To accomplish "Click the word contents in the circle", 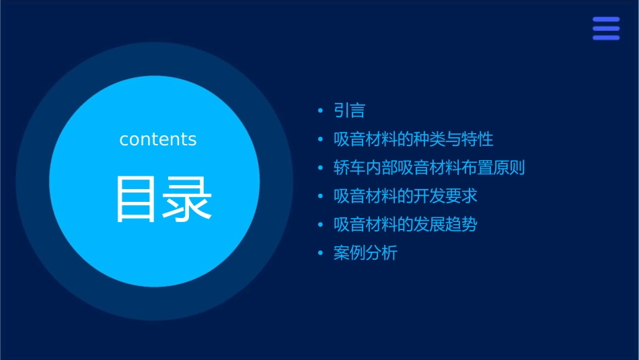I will coord(158,139).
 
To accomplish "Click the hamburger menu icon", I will coord(605,28).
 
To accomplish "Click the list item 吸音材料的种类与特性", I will coord(413,139).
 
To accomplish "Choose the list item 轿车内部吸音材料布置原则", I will coord(428,168).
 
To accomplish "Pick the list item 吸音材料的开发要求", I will coord(405,196).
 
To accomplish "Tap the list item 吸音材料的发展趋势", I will coord(405,225).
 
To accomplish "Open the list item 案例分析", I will coord(365,254).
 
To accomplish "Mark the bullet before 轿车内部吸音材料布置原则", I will coord(320,168).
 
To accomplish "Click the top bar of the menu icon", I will coord(605,20).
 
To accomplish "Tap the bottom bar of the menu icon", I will coord(605,38).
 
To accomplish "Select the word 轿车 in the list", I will coord(349,168).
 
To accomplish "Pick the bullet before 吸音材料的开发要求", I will coord(320,197).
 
